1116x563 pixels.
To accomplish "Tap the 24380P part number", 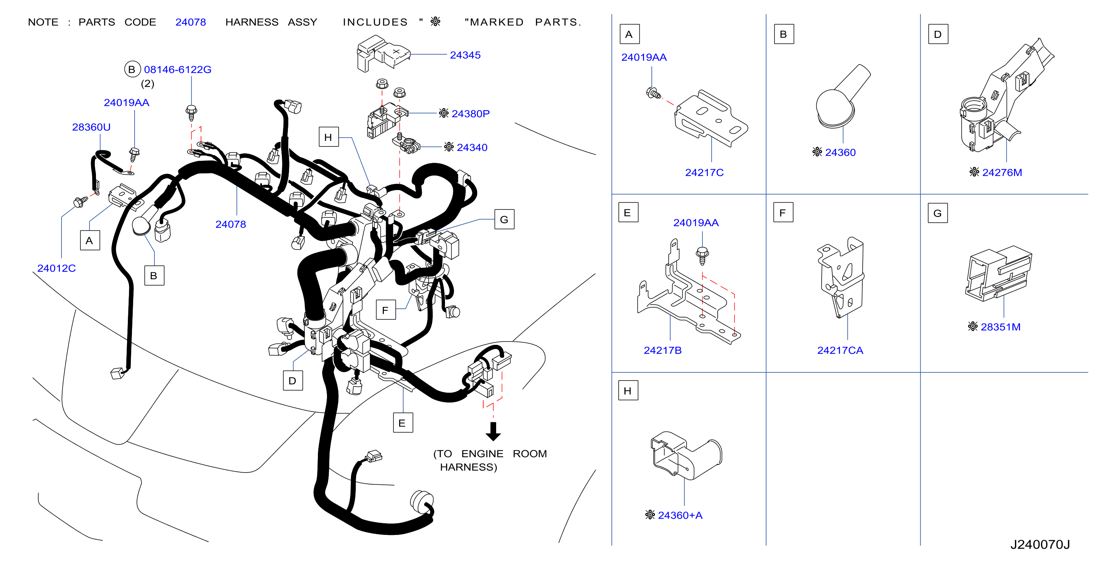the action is pos(470,113).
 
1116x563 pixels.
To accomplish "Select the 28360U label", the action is pos(91,127).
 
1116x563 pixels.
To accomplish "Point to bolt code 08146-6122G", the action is pos(178,69).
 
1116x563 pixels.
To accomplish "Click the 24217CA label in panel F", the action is pos(840,350).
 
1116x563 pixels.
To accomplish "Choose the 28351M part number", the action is pos(1000,327).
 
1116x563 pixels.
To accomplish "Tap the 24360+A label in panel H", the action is pos(680,515).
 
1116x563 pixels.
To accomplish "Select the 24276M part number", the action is pos(1002,173).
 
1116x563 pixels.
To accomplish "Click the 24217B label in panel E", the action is pos(662,350).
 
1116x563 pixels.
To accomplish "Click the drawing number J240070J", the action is pos(1040,544).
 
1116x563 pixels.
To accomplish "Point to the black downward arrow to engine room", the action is pos(493,431).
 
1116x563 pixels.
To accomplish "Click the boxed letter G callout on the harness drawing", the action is pos(504,219).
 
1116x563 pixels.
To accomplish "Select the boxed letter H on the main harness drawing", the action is pos(329,137).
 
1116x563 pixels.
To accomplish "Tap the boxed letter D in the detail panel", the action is pos(938,34).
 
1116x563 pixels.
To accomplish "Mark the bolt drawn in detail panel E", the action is pos(702,256).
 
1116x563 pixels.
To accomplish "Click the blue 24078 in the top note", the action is pos(191,22).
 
